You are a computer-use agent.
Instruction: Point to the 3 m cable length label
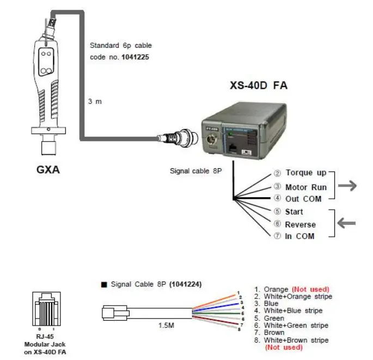point(96,101)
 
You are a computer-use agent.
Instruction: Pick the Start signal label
point(294,211)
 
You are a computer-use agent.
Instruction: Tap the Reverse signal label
point(300,224)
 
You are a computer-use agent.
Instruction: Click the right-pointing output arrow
point(347,186)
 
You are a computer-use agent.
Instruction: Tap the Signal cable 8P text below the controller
point(196,172)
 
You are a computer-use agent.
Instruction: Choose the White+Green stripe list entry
point(295,325)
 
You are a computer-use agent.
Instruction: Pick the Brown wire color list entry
point(274,332)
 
